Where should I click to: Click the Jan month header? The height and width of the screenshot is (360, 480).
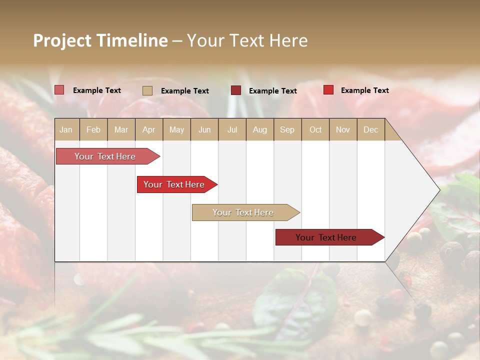tap(66, 129)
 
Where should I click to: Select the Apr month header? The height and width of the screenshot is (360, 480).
tap(148, 129)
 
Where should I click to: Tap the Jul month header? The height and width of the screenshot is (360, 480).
tap(232, 129)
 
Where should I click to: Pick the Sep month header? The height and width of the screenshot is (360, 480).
tap(287, 129)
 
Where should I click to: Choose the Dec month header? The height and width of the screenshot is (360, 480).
tap(370, 129)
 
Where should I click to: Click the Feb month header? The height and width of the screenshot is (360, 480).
tap(93, 129)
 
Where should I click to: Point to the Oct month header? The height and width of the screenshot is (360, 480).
tap(315, 129)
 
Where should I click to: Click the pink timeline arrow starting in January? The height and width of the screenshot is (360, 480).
tap(105, 156)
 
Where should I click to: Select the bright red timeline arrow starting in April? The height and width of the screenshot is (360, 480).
tap(174, 184)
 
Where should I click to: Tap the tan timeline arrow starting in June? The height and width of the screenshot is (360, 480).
tap(243, 212)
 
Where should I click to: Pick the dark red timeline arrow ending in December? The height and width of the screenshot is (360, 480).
tap(326, 237)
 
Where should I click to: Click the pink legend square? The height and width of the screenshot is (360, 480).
tap(59, 90)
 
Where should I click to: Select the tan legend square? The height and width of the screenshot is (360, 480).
tap(147, 90)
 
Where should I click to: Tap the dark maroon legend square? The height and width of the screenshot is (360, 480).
tap(235, 90)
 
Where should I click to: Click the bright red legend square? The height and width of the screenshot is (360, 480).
tap(328, 90)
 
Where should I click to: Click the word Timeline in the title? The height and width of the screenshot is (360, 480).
tap(131, 40)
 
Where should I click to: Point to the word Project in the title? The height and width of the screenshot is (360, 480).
tap(61, 40)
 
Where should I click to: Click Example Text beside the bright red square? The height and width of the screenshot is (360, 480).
tap(364, 90)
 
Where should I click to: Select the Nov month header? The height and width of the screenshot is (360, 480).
tap(343, 129)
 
